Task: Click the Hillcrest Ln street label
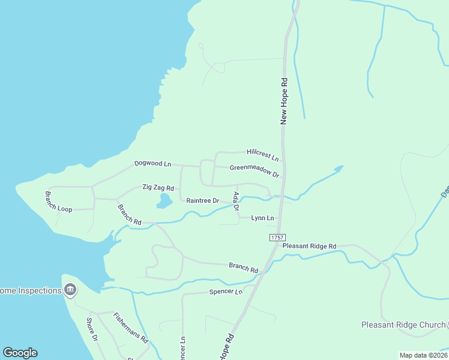[x=263, y=155]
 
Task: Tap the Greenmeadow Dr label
[x=255, y=171]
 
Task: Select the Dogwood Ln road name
[x=152, y=163]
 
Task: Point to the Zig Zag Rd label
[x=158, y=188]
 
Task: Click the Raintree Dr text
[x=202, y=200]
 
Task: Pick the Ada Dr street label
[x=236, y=201]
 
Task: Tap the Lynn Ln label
[x=262, y=218]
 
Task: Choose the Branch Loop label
[x=58, y=202]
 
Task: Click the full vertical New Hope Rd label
[x=285, y=101]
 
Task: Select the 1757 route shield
[x=277, y=238]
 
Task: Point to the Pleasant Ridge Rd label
[x=309, y=246]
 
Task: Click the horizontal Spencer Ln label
[x=226, y=292]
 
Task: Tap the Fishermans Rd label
[x=131, y=328]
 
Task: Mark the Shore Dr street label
[x=92, y=329]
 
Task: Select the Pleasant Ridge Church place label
[x=403, y=325]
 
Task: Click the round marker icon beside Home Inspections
[x=70, y=290]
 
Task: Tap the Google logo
[x=20, y=353]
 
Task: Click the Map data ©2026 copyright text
[x=423, y=355]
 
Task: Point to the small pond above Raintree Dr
[x=164, y=201]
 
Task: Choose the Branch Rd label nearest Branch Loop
[x=129, y=214]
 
